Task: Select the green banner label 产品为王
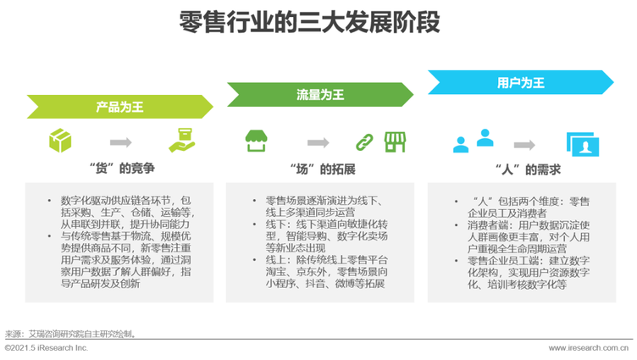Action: click(x=119, y=108)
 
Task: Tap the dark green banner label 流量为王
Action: click(x=319, y=95)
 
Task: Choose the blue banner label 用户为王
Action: click(x=520, y=82)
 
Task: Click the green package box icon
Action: click(x=60, y=139)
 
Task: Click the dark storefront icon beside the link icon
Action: click(x=395, y=141)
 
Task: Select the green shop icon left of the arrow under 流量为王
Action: click(x=256, y=140)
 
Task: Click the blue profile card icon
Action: click(x=582, y=145)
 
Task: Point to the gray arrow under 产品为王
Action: click(x=120, y=141)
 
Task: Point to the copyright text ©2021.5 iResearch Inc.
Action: click(x=47, y=348)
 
